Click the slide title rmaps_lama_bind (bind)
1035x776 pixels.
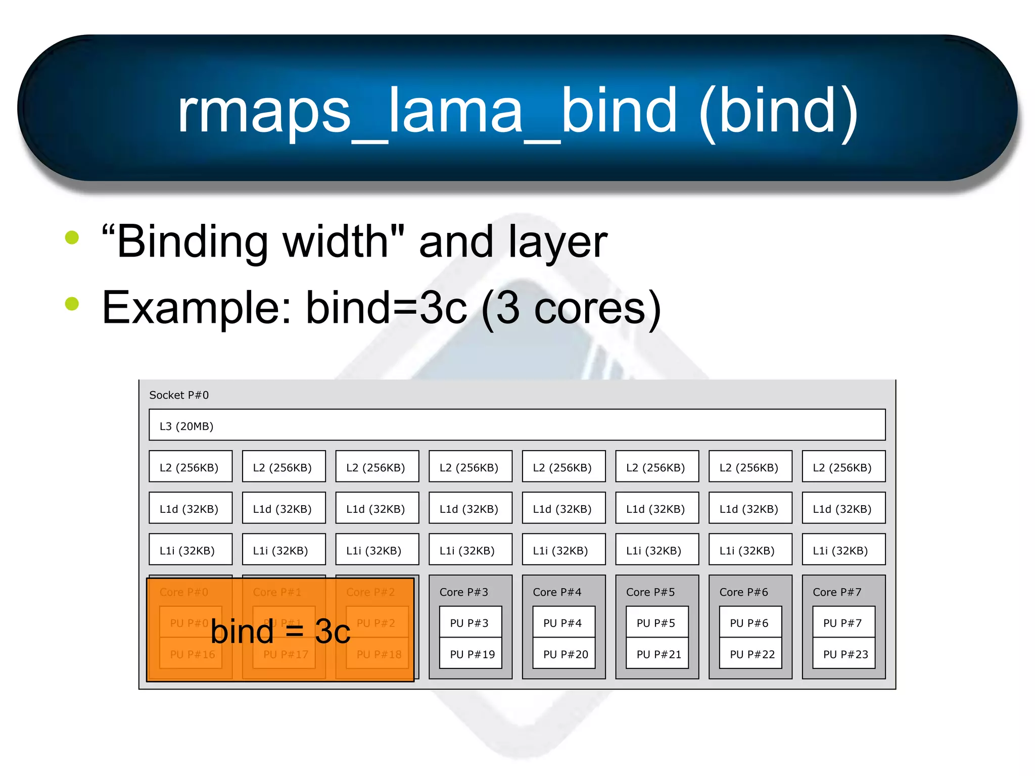pos(517,110)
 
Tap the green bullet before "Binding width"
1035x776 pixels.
pos(72,237)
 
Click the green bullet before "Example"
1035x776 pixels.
pos(72,303)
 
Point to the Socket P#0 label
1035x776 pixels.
pos(179,395)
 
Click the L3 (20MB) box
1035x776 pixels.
pos(516,425)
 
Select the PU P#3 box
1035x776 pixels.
pos(470,623)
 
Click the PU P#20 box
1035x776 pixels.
pos(564,654)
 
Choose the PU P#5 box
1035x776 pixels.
pos(656,623)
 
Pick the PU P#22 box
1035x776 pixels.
pos(751,654)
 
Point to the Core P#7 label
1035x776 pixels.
pos(837,592)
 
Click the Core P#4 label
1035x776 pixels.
pos(557,592)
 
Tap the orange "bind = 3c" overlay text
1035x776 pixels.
pos(280,632)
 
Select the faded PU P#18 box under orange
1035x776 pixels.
pos(378,654)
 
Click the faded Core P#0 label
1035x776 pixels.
pos(183,592)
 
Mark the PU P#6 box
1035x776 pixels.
pos(749,623)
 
